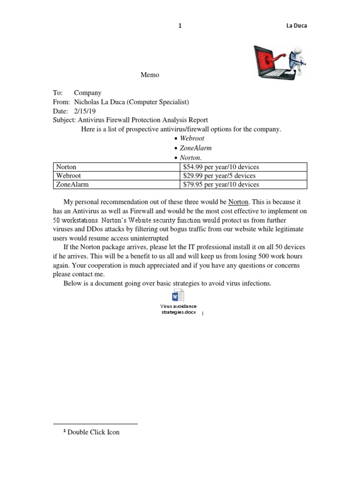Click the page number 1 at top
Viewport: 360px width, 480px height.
(180, 26)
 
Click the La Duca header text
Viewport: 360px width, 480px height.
(296, 26)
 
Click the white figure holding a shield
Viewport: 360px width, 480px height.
(296, 59)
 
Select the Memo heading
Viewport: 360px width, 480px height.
(150, 75)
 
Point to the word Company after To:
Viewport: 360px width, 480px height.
(88, 93)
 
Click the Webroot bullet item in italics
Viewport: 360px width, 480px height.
(192, 139)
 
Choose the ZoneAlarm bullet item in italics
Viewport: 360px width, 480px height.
(195, 148)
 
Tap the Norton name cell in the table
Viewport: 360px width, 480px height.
(67, 167)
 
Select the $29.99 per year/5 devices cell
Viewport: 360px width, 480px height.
(219, 176)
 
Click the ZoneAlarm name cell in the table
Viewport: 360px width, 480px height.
(72, 185)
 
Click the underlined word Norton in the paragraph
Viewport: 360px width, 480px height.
(238, 202)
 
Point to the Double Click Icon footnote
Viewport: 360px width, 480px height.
(93, 432)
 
